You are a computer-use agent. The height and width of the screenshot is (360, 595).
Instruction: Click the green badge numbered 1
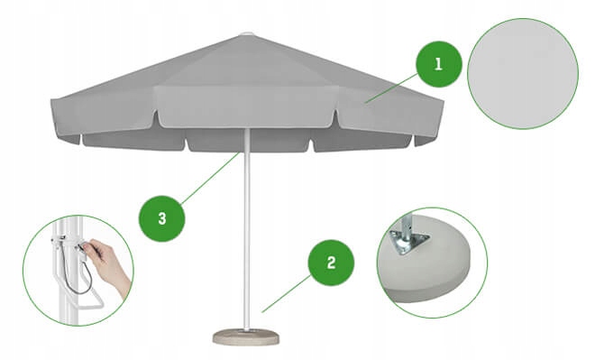coord(438,64)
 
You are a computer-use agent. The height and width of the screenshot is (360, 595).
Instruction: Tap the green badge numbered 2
coord(331,263)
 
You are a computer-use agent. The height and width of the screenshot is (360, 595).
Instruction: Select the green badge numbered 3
coord(161,217)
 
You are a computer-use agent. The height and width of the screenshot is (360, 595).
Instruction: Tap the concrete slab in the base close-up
coord(442,271)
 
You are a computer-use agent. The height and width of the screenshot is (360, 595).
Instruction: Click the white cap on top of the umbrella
coord(246,35)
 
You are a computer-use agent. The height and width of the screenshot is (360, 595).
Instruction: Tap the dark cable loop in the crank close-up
coord(81,280)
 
